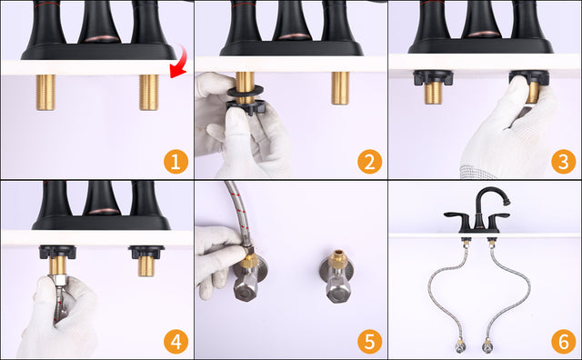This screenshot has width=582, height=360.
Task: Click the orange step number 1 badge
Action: coord(176,162)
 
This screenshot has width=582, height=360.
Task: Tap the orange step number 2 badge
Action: coord(370,162)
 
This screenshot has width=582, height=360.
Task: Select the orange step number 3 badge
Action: coord(564,162)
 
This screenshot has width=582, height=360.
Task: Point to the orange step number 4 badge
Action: coord(176,342)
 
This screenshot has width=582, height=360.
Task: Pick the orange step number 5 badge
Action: coord(370,342)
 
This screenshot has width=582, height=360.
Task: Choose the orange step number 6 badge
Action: coord(564,342)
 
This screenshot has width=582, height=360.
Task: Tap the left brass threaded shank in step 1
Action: coord(45,93)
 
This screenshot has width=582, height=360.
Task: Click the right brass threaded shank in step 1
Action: coord(149,93)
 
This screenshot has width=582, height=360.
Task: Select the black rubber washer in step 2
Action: coord(246,91)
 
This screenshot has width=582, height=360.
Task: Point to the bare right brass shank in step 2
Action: coord(340,88)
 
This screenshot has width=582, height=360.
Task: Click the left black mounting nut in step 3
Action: coord(433,77)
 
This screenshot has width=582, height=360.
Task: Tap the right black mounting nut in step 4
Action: coord(146,251)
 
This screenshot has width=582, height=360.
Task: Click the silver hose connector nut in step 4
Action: coord(58,280)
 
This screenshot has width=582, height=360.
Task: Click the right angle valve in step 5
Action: coord(336,276)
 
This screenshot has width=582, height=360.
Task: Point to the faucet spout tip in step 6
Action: coord(506,202)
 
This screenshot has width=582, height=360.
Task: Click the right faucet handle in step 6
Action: coord(497,215)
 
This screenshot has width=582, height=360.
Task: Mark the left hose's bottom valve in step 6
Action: coord(460,345)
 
